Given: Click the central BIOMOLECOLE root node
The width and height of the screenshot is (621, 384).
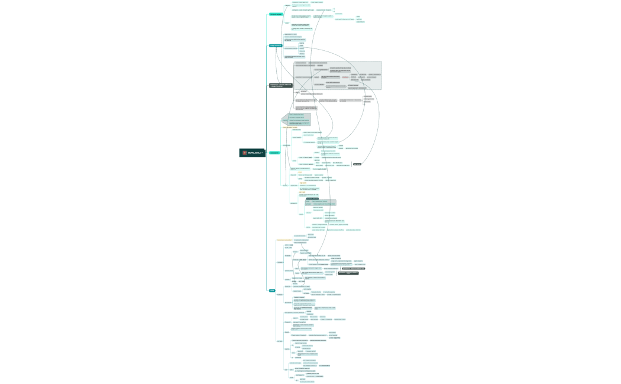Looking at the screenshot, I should tap(251, 153).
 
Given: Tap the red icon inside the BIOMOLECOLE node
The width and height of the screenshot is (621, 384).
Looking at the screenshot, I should tap(244, 153).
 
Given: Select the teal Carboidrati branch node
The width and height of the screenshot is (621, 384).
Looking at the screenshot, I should tap(274, 153).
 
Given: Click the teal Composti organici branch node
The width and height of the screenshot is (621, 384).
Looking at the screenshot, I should tap(276, 14).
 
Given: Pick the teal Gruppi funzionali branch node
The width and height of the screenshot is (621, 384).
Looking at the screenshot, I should tap(276, 45).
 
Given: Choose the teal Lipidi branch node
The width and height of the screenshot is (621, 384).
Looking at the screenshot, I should tap(272, 290).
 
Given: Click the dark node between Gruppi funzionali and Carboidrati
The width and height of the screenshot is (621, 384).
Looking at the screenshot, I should tap(280, 86).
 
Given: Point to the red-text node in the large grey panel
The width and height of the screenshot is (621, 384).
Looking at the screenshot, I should tap(345, 77).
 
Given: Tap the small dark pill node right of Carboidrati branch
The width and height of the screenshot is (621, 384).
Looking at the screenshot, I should tap(357, 164).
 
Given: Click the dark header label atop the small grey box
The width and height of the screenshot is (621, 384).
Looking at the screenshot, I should tap(311, 198).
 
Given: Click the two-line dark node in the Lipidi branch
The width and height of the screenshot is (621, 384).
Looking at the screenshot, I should tap(348, 273).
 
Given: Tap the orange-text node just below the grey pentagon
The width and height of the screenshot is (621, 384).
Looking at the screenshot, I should tap(290, 127).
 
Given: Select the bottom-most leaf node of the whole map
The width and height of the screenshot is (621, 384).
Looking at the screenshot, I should tap(306, 382).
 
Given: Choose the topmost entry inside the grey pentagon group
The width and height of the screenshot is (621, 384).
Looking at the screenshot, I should tap(300, 115).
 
